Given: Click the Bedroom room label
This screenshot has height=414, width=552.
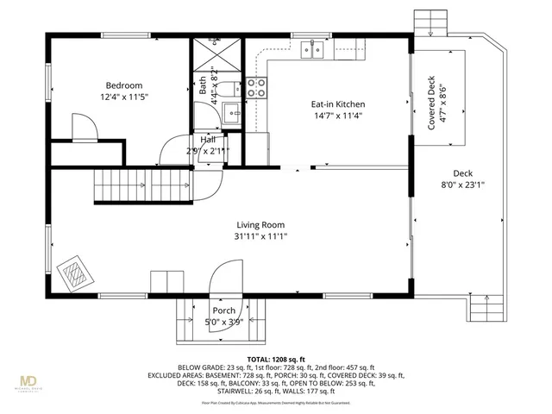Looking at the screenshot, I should click(x=124, y=85).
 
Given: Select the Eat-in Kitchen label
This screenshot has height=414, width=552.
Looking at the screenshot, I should click(x=332, y=105).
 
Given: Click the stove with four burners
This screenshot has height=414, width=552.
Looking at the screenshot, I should click(x=257, y=87).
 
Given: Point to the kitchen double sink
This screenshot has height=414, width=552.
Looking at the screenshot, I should click(x=313, y=48).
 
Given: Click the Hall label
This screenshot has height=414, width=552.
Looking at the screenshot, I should click(x=208, y=139).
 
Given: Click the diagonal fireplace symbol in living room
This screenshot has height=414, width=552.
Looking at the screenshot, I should click(x=74, y=274).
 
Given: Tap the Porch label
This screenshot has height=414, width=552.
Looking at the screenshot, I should click(x=223, y=311).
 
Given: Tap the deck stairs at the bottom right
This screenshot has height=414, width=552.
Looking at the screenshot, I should click(x=489, y=306).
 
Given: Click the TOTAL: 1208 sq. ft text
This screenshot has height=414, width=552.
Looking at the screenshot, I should click(x=276, y=358).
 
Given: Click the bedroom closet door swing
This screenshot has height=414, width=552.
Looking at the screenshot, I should click(x=83, y=129).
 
